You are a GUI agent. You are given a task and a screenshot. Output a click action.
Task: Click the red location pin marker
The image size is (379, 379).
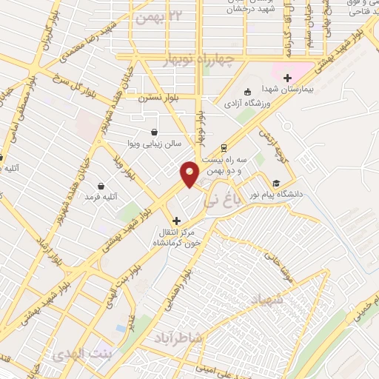point(189,174)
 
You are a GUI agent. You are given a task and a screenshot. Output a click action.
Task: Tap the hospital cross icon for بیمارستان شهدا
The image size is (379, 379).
point(287,77)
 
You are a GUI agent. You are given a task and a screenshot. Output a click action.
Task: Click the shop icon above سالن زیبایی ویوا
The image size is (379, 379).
point(153,129)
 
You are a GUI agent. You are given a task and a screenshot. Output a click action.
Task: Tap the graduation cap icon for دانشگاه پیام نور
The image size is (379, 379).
point(276,183)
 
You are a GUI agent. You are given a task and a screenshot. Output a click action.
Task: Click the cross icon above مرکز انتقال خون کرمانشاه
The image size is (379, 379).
point(176,221)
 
